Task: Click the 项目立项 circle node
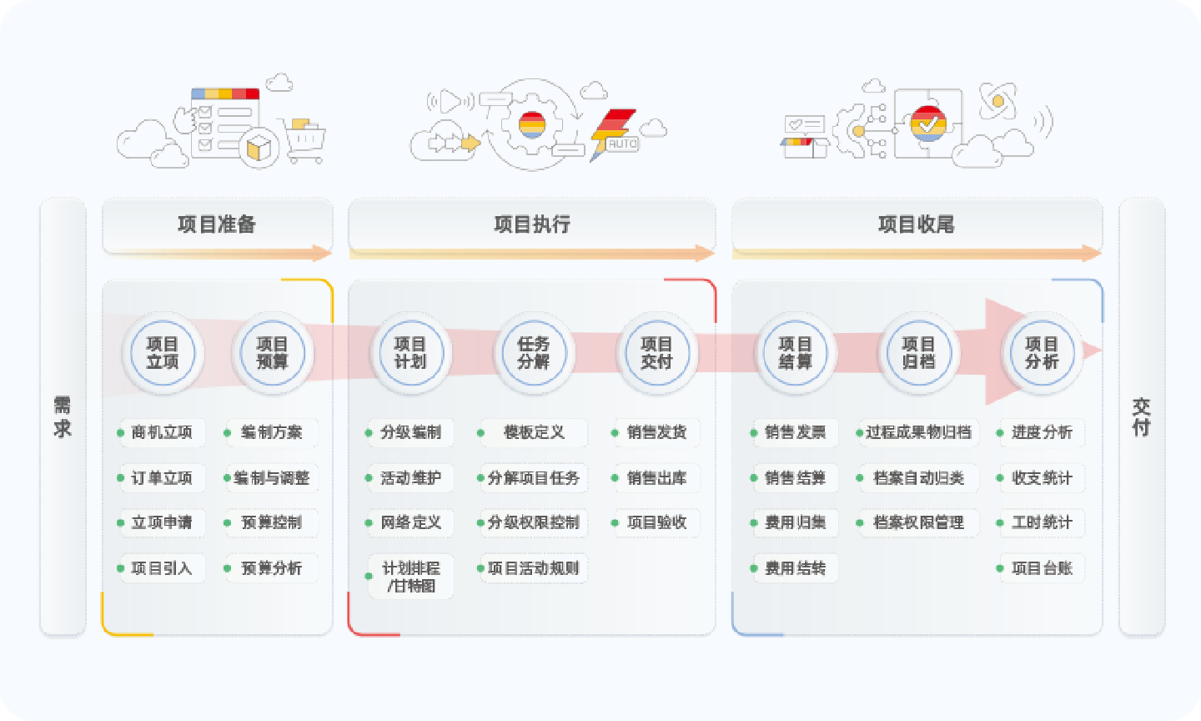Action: (x=163, y=353)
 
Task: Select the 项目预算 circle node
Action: (x=272, y=353)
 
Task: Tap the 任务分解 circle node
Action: (x=533, y=353)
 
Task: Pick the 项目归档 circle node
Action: (x=918, y=353)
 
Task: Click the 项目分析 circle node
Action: (x=1042, y=353)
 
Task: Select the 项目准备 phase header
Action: (x=217, y=224)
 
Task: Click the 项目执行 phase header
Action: (x=532, y=224)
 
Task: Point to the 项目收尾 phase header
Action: (x=917, y=224)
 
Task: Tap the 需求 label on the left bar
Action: (x=63, y=417)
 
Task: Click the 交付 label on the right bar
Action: (x=1141, y=417)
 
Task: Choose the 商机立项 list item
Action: (x=162, y=432)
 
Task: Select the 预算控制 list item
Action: (x=271, y=522)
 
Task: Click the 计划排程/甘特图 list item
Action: (x=410, y=577)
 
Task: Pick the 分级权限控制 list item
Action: (x=533, y=522)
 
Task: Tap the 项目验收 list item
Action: (x=656, y=522)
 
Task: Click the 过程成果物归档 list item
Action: (x=918, y=432)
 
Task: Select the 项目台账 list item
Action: (x=1042, y=568)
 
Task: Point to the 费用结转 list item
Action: (x=795, y=568)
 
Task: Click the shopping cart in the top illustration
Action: (x=304, y=142)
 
